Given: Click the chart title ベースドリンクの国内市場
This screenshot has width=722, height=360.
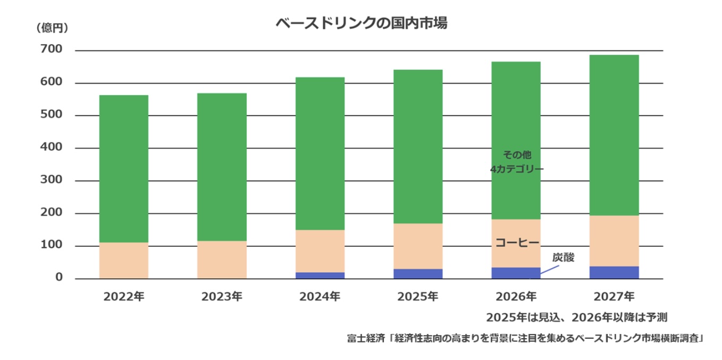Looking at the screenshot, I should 360,24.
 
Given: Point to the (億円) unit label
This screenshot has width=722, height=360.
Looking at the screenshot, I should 52,28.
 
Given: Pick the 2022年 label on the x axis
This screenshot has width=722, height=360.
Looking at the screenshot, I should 123,297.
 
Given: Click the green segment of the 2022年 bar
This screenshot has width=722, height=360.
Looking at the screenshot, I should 123,169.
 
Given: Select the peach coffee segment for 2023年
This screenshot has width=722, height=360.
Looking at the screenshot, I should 222,259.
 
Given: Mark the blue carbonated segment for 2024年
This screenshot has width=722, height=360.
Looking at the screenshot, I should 320,275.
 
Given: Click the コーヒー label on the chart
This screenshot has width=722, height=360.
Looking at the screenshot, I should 517,243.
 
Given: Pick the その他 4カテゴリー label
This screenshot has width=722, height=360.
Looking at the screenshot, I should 517,162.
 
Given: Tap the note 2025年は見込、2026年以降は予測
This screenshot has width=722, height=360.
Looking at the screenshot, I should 576,317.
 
